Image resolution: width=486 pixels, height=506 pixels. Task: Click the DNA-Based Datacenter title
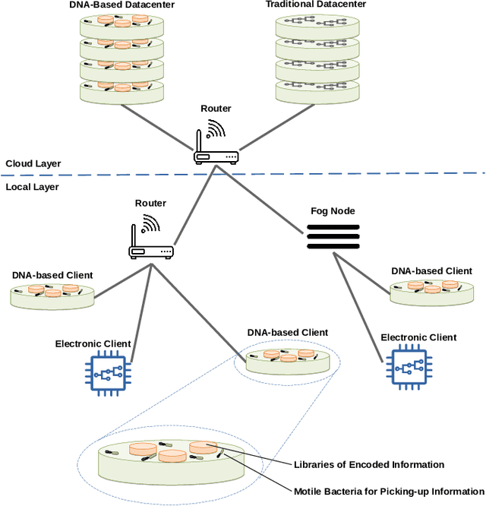[x=122, y=5]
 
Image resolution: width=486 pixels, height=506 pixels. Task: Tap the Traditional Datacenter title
[x=316, y=5]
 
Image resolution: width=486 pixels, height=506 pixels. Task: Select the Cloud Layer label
[x=33, y=163]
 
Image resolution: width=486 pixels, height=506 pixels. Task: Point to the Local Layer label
[x=32, y=187]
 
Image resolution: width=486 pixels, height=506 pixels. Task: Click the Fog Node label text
[x=333, y=211]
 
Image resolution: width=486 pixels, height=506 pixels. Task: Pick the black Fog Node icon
[x=333, y=237]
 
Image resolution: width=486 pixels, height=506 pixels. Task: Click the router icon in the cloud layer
[x=216, y=142]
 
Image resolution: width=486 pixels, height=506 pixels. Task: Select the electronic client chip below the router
[x=108, y=373]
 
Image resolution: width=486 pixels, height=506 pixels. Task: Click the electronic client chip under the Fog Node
[x=409, y=367]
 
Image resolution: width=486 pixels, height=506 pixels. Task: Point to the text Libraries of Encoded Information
[x=369, y=465]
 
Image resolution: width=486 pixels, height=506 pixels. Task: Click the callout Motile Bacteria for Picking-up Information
[x=389, y=492]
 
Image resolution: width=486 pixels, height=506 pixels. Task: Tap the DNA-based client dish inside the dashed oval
[x=288, y=362]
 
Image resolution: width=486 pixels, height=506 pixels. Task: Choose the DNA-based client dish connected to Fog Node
[x=432, y=293]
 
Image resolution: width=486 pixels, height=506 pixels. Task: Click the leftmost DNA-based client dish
[x=52, y=296]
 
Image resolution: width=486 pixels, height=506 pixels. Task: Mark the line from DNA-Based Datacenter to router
[x=157, y=128]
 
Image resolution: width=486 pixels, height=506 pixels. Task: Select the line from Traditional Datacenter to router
[x=277, y=127]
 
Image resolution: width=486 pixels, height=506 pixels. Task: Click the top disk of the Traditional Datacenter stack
[x=317, y=27]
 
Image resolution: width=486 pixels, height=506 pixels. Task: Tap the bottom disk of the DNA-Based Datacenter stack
[x=122, y=92]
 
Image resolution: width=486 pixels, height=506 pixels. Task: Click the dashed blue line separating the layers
[x=243, y=174]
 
